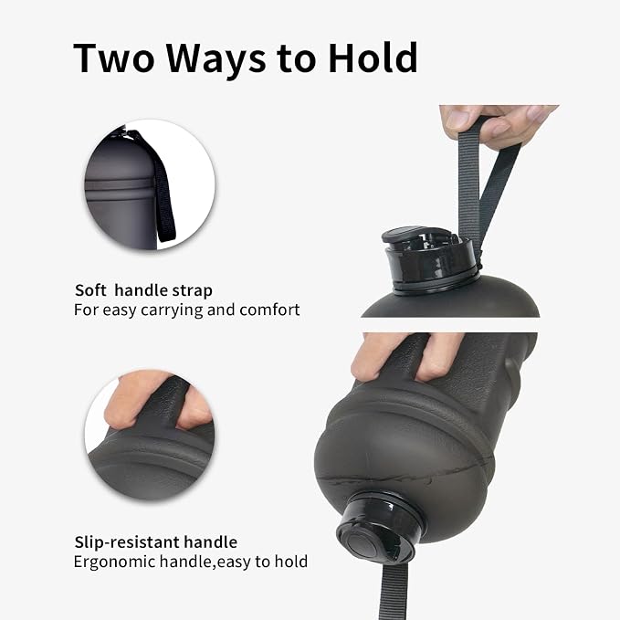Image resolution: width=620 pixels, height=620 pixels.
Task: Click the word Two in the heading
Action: (113, 58)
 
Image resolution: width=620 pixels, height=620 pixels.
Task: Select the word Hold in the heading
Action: (373, 58)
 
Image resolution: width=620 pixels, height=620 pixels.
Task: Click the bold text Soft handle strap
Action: (143, 290)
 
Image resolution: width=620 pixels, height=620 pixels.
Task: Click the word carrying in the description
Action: (172, 310)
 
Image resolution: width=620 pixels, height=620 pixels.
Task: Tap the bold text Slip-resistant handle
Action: (156, 542)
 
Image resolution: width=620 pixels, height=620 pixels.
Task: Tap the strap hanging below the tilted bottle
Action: (394, 590)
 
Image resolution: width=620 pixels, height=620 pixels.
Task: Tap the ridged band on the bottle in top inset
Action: (120, 185)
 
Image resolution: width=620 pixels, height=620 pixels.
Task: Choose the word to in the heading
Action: (297, 60)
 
